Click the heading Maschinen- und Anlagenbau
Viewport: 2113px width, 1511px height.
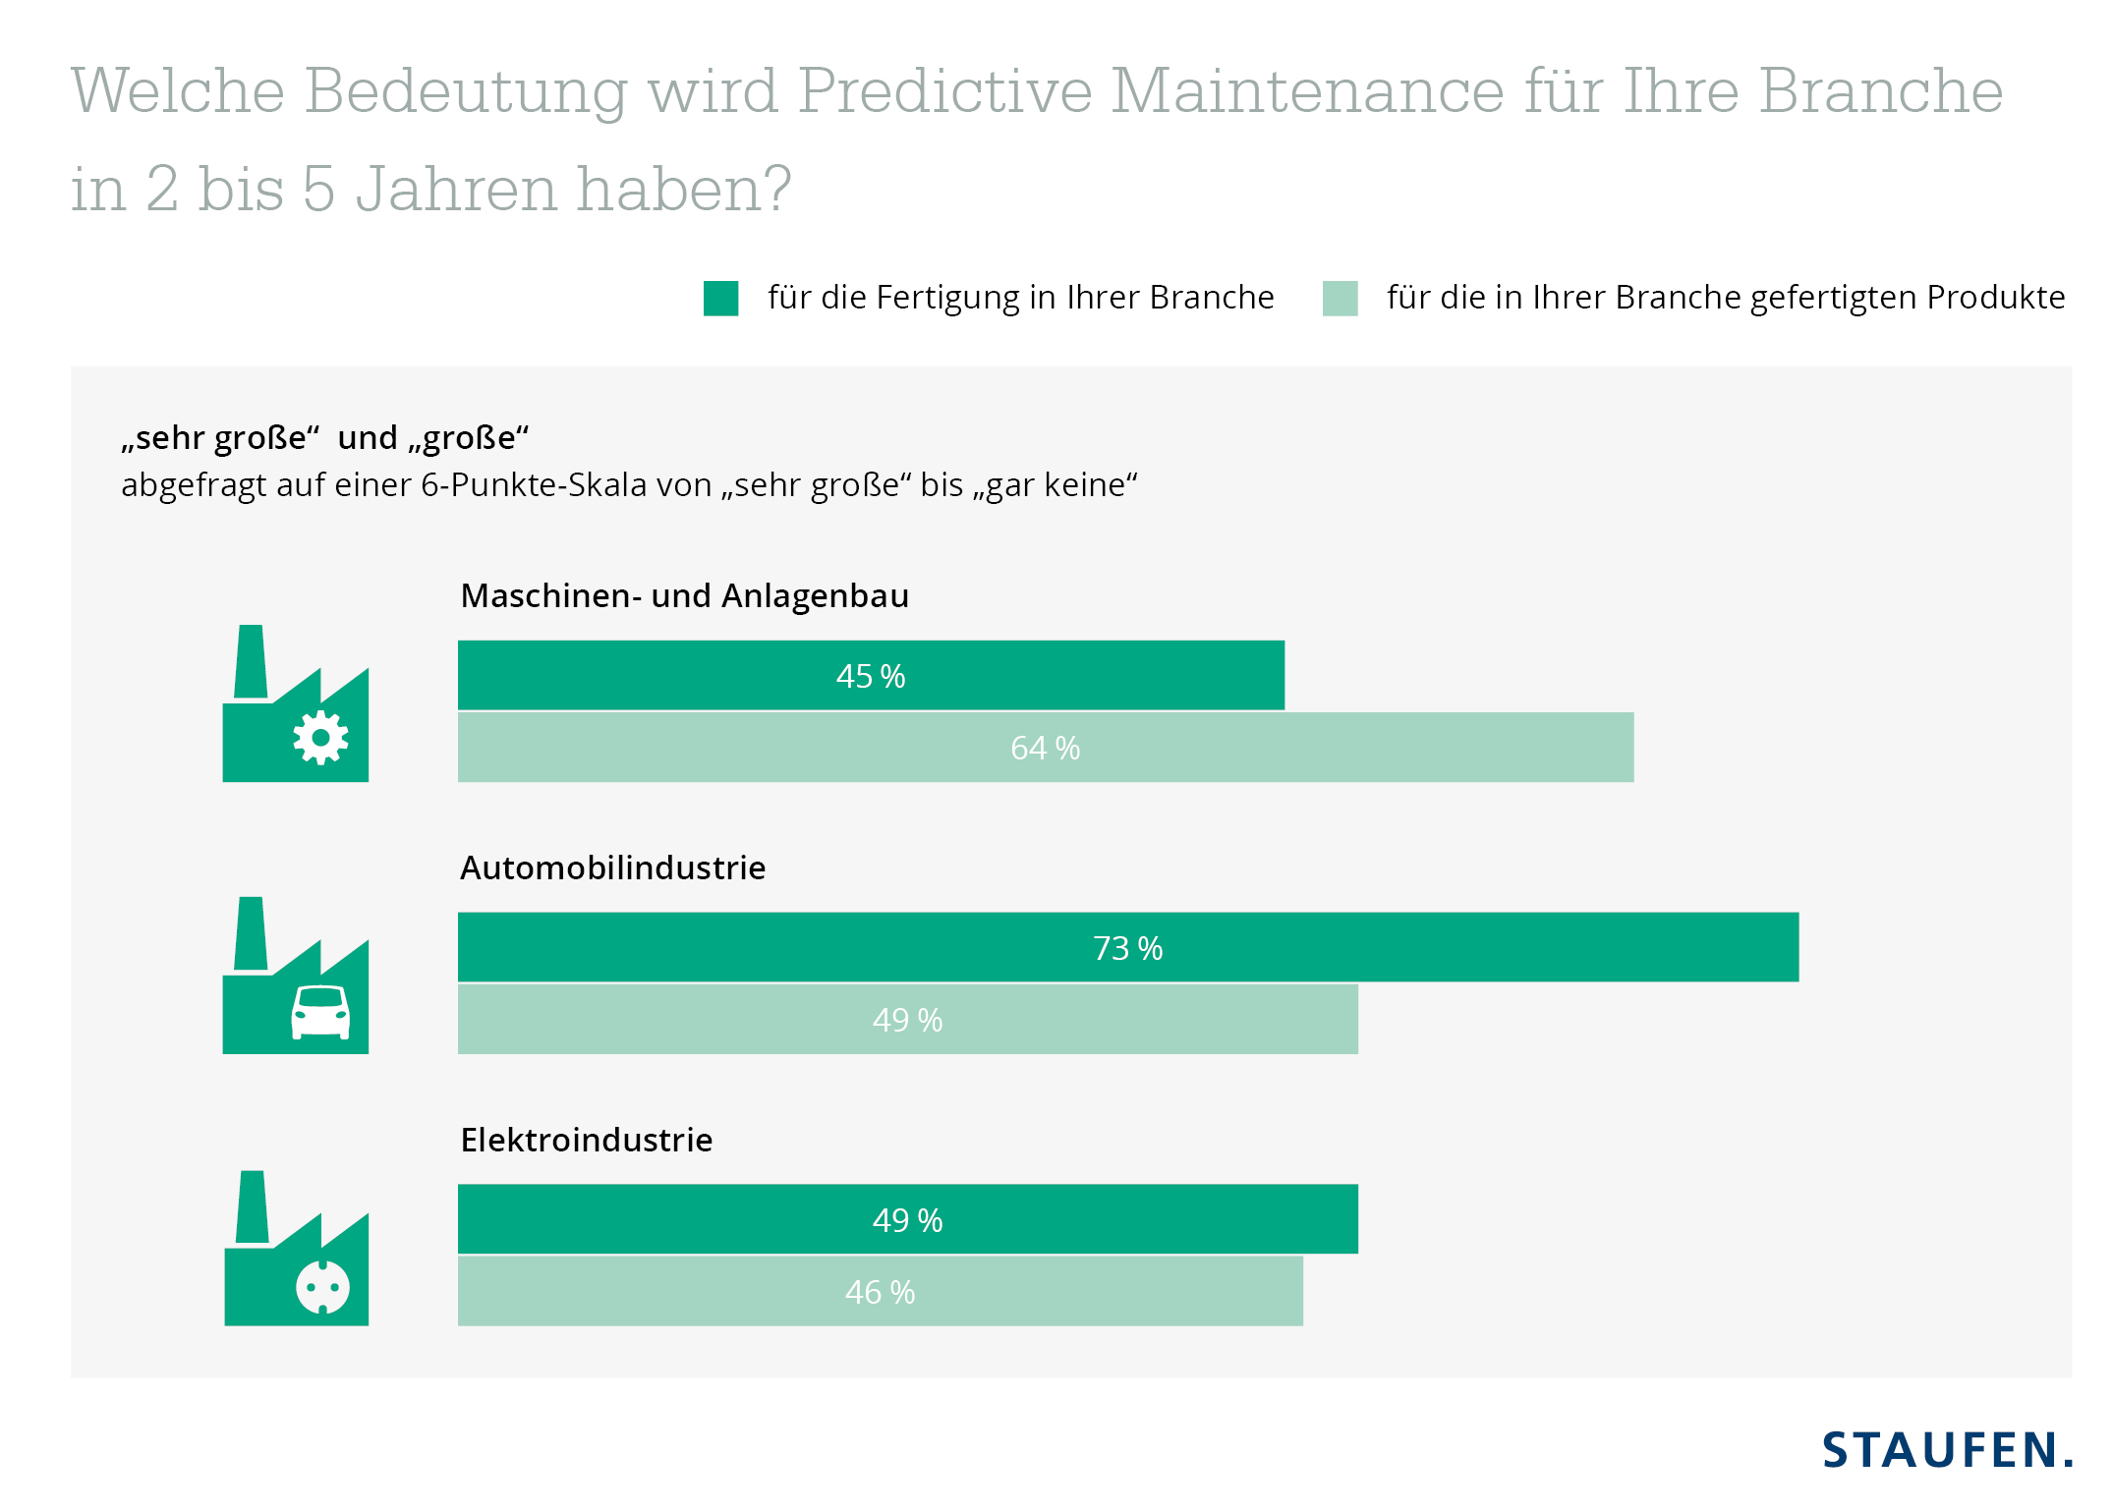684,595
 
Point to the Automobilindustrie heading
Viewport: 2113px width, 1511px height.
612,867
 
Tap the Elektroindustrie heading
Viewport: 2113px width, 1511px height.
586,1140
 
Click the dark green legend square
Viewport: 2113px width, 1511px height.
720,299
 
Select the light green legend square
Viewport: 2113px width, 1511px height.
1340,299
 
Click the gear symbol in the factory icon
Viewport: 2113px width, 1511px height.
320,737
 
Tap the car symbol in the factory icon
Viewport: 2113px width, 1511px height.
320,1012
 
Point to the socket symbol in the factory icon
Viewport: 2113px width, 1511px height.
322,1287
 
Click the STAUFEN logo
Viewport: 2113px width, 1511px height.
1947,1450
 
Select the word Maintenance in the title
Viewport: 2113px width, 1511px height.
1307,91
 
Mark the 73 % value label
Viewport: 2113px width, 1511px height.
1127,948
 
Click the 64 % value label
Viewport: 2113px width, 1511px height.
1045,748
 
